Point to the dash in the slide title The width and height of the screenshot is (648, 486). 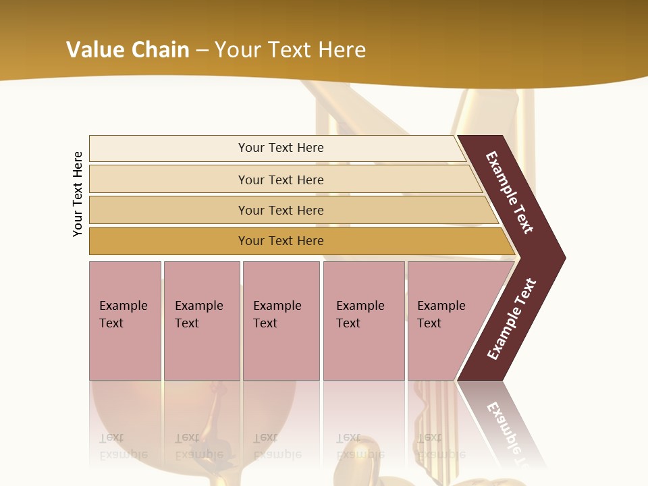click(202, 50)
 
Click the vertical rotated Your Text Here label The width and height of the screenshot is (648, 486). click(78, 194)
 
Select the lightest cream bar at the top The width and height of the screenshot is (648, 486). click(277, 148)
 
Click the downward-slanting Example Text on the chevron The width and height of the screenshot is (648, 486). click(510, 192)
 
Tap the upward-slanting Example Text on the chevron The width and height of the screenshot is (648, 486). click(511, 319)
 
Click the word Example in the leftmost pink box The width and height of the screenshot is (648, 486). click(123, 306)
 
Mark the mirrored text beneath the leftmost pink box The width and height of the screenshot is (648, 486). click(123, 446)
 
